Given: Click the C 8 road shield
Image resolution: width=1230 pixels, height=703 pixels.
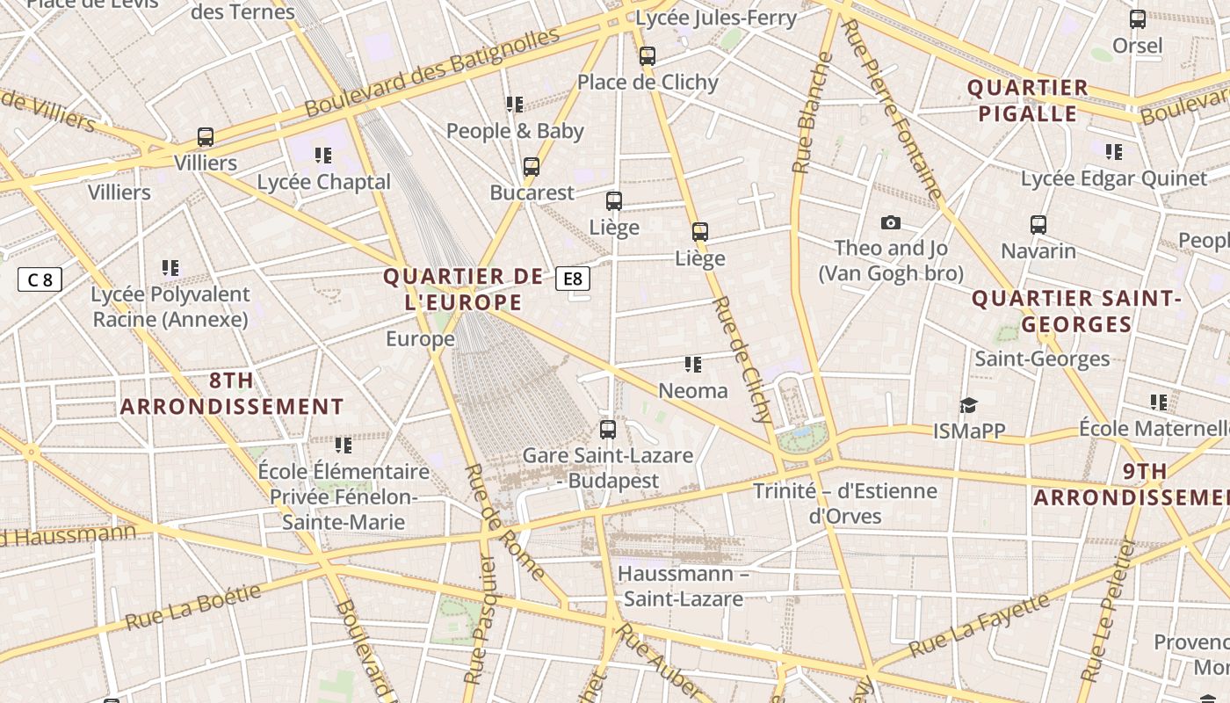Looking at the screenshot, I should (x=40, y=280).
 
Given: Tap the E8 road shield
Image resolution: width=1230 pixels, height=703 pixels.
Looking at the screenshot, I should (x=572, y=279).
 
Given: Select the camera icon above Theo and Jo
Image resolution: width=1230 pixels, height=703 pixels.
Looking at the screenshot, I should (x=890, y=223).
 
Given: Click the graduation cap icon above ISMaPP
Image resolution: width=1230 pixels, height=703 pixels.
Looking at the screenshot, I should (x=968, y=405).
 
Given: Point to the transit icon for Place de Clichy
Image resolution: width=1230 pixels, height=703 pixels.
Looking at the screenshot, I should (x=648, y=56).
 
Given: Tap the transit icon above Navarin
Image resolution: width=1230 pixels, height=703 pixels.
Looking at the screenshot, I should (x=1038, y=225).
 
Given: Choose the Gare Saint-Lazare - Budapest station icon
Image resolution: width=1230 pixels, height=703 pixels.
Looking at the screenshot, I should (x=607, y=430).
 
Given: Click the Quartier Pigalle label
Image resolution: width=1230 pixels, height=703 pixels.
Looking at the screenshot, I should (x=1027, y=100).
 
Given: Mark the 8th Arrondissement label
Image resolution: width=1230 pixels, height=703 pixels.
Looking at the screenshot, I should (x=232, y=393).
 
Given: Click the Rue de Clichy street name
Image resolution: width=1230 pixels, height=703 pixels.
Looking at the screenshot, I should (x=742, y=359).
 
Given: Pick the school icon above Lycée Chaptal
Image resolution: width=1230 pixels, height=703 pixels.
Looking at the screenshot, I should (x=323, y=156).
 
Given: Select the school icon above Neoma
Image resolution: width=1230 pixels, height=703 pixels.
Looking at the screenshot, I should (x=693, y=364).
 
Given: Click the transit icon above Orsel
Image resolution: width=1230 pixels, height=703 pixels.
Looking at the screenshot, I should (x=1137, y=19).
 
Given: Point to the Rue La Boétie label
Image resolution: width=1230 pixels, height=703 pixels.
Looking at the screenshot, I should (x=193, y=606).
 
